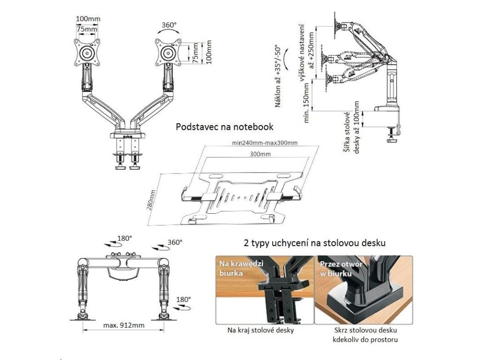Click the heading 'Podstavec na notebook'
[x=224, y=127]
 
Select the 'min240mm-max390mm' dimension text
[x=265, y=142]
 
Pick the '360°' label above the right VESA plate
[x=169, y=25]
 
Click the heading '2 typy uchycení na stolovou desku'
[x=315, y=243]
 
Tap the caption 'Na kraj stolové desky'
[x=261, y=330]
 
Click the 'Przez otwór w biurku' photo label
[x=336, y=268]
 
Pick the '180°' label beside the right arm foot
[x=183, y=299]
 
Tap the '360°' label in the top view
[x=175, y=242]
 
